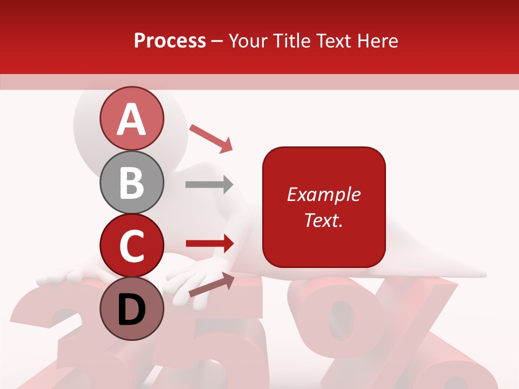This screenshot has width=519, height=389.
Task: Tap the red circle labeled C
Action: pyautogui.click(x=132, y=245)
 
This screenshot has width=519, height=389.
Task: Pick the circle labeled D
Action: pyautogui.click(x=132, y=308)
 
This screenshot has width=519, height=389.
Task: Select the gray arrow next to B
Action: pyautogui.click(x=209, y=184)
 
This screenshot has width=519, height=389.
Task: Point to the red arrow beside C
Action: pyautogui.click(x=209, y=243)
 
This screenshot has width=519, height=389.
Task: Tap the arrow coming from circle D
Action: pyautogui.click(x=211, y=284)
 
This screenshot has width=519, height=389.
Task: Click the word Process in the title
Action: pyautogui.click(x=170, y=41)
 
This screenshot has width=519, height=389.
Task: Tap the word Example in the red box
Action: pyautogui.click(x=323, y=194)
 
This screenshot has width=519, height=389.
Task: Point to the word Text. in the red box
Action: pyautogui.click(x=323, y=220)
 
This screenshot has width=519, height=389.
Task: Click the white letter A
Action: pyautogui.click(x=132, y=119)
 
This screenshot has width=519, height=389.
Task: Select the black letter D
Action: pyautogui.click(x=132, y=310)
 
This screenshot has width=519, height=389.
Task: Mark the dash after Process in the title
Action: pyautogui.click(x=217, y=42)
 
